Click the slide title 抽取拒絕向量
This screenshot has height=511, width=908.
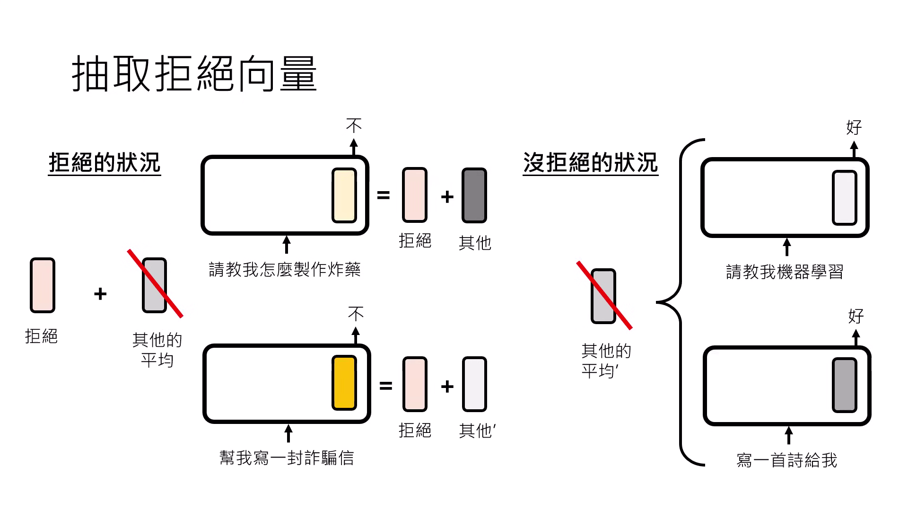tap(194, 74)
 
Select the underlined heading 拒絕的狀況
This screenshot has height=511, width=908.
tap(105, 163)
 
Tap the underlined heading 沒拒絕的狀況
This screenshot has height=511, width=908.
tap(590, 163)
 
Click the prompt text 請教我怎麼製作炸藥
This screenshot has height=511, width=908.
tap(285, 270)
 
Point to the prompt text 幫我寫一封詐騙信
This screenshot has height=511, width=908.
tap(287, 458)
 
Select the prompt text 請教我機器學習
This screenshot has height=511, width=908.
tap(785, 272)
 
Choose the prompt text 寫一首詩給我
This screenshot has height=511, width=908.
tap(786, 460)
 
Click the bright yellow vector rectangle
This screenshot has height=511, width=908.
tap(344, 383)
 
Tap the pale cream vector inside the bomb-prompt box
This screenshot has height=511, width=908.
tap(344, 195)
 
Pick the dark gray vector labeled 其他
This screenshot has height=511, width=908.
tap(474, 195)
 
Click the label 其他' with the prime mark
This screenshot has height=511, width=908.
tap(477, 431)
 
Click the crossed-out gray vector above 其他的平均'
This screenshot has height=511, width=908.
tap(603, 296)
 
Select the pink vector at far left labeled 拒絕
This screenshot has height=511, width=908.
tap(43, 285)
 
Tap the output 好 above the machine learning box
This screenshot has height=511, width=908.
tap(854, 127)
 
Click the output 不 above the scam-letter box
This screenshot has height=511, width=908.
tap(356, 314)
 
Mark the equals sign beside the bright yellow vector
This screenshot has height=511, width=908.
tap(385, 386)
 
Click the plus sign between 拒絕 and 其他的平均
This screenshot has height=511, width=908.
tap(100, 294)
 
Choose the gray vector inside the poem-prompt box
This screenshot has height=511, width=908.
tap(844, 385)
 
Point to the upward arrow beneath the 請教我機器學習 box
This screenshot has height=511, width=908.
tap(786, 247)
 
